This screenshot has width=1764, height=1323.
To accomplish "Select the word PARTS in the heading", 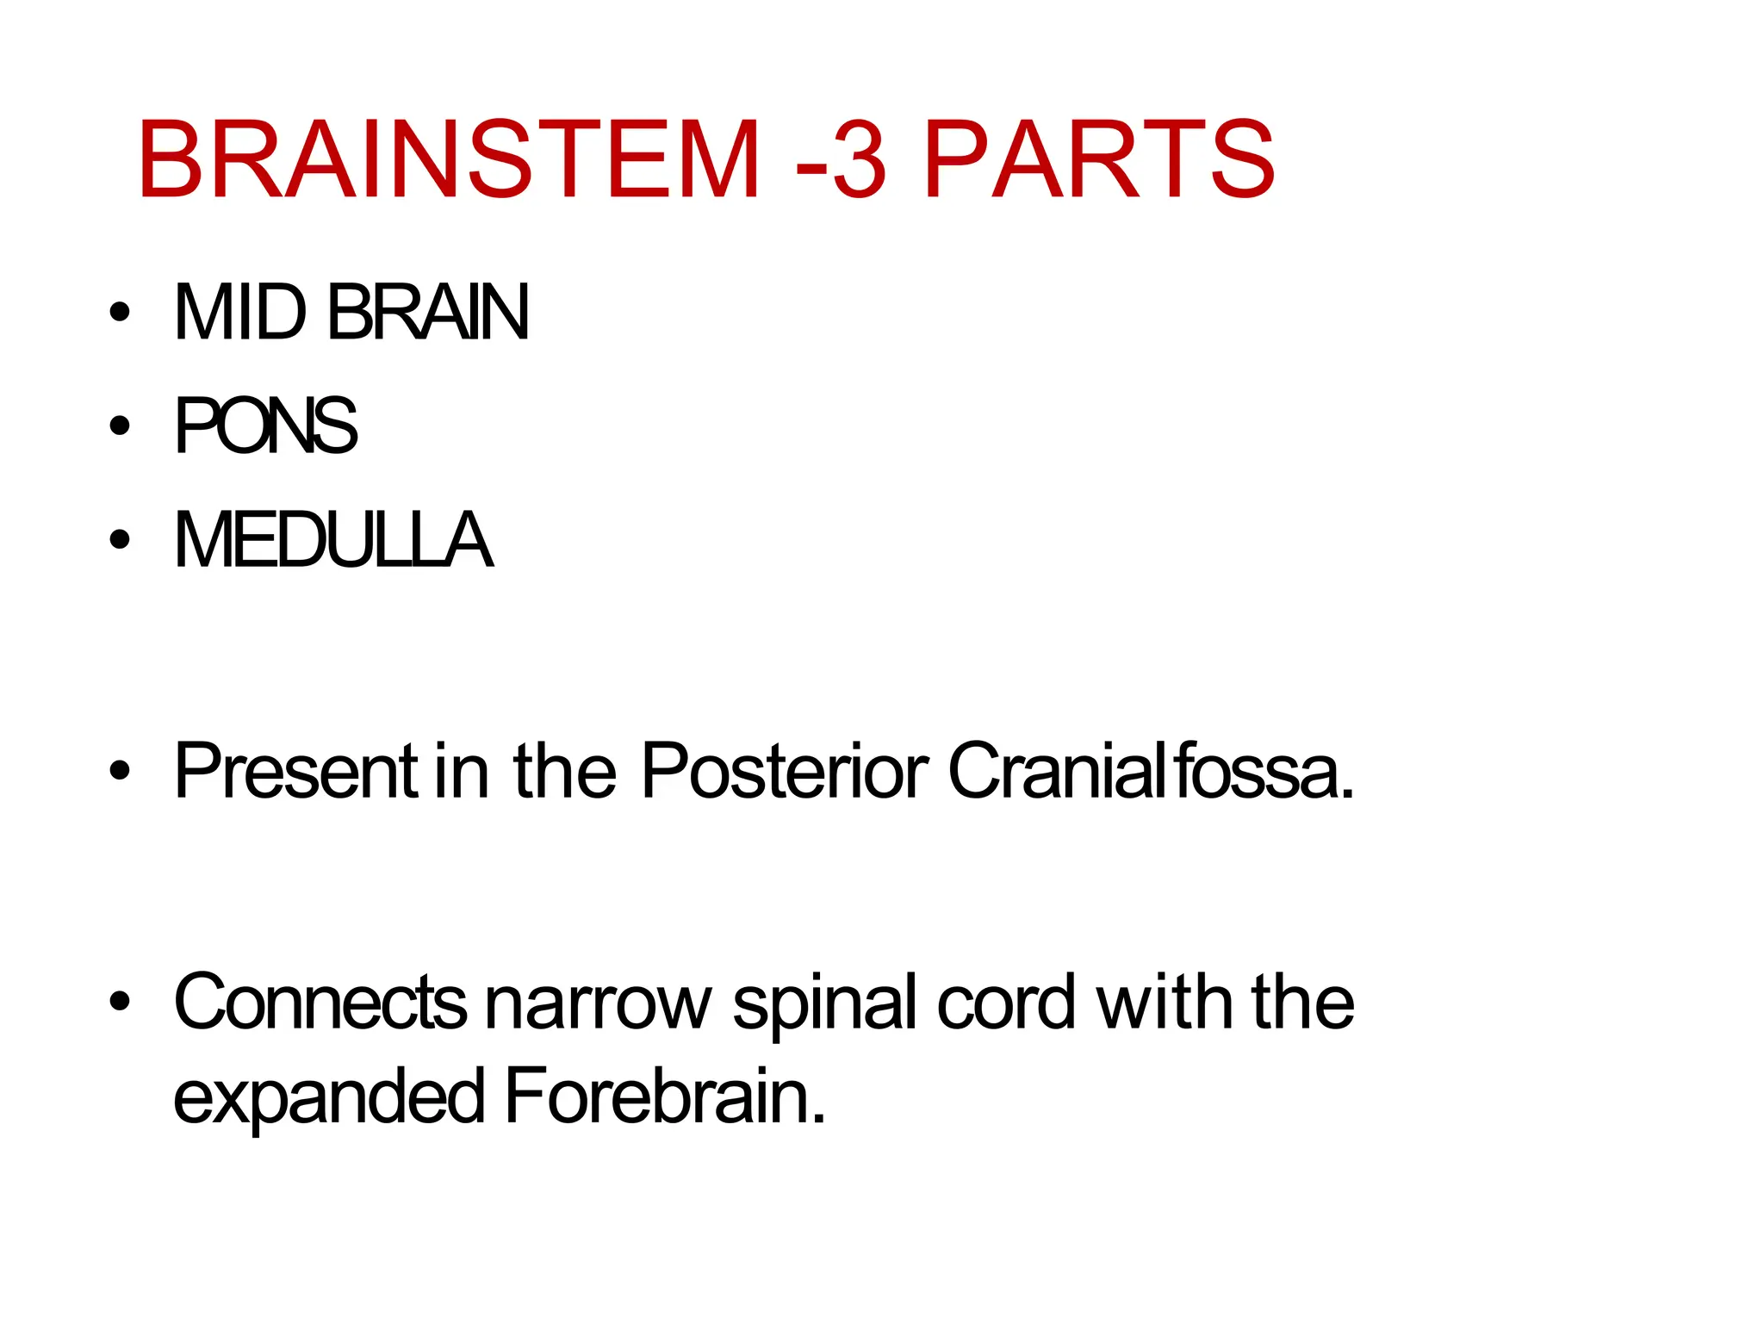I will coord(1098,160).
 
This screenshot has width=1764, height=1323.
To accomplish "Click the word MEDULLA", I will coord(333,540).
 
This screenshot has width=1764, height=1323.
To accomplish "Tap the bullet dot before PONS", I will coord(121,425).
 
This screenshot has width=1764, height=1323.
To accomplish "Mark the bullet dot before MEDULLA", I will coord(121,540).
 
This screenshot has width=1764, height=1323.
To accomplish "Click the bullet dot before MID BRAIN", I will coord(121,312).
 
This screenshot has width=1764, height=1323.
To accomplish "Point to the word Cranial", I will coord(1050,770).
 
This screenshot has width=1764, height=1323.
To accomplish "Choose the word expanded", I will coord(329,1097).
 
